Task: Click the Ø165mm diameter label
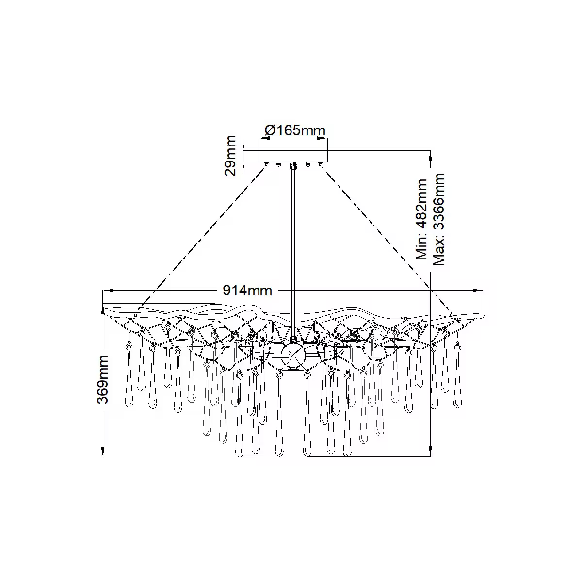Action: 294,130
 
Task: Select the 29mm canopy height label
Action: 231,155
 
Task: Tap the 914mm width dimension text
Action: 247,291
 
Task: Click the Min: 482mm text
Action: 422,220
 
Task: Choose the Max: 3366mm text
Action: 439,220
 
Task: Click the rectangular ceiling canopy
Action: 293,156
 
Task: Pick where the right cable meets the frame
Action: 451,314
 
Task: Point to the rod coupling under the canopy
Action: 293,166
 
